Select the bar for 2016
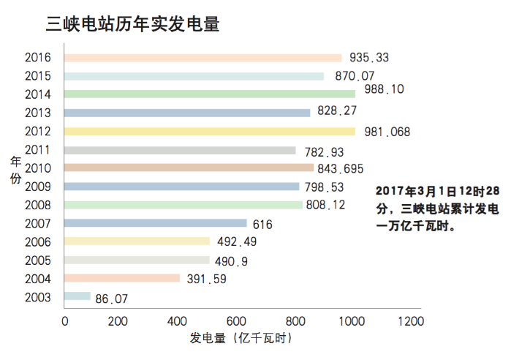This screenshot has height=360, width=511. [202, 58]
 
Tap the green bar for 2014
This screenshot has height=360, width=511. [210, 94]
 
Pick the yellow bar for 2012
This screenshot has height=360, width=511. [210, 131]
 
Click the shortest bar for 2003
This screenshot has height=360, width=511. [77, 296]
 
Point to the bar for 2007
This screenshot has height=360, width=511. [156, 223]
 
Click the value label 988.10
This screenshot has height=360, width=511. [384, 89]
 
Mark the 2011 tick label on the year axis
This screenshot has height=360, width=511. [37, 149]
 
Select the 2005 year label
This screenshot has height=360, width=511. [37, 260]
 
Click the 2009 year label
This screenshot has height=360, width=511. [37, 186]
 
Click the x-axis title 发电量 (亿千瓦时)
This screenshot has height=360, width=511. [241, 340]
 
